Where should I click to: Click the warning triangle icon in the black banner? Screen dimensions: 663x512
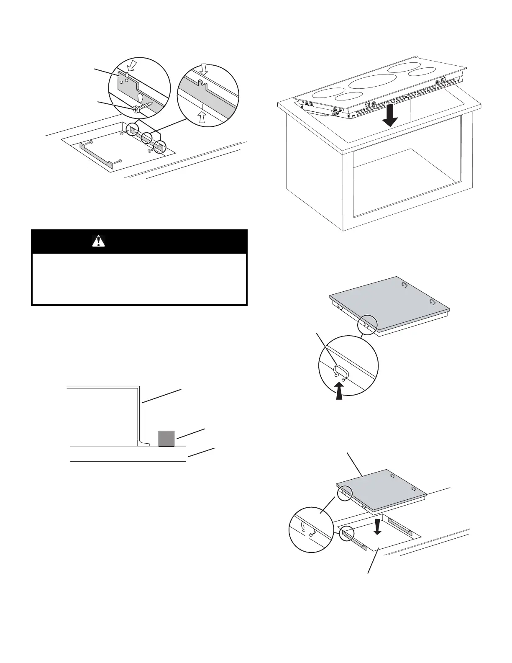(x=98, y=242)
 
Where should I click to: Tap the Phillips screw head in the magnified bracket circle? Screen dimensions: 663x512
(x=136, y=109)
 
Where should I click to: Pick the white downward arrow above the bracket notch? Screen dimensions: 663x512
(x=204, y=69)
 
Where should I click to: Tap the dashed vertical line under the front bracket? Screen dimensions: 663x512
(x=88, y=162)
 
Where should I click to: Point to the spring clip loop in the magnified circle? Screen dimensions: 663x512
(x=340, y=370)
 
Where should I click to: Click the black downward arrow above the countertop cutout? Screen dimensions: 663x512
(x=377, y=526)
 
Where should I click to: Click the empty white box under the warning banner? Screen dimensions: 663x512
(x=139, y=279)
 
